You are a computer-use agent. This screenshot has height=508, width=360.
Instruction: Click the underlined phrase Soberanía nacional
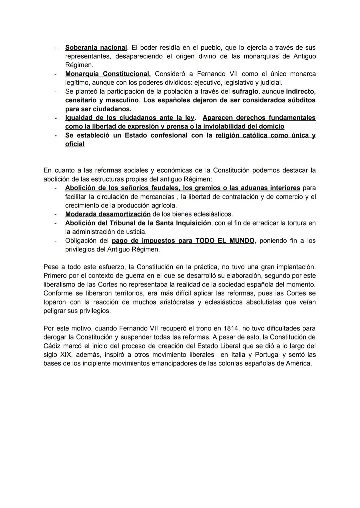96,48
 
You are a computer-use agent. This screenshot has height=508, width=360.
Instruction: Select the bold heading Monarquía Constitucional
108,74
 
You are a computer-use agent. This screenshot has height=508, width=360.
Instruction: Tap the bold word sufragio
245,91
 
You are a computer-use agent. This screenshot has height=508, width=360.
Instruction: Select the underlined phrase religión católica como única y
265,135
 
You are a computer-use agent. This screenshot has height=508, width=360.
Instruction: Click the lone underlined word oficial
75,144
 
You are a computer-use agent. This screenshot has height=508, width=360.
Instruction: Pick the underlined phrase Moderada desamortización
108,214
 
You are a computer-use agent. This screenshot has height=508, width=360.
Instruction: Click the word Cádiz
52,346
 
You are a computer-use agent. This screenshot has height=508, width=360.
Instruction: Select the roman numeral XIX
65,354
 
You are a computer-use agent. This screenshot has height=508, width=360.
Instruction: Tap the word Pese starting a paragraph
51,267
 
